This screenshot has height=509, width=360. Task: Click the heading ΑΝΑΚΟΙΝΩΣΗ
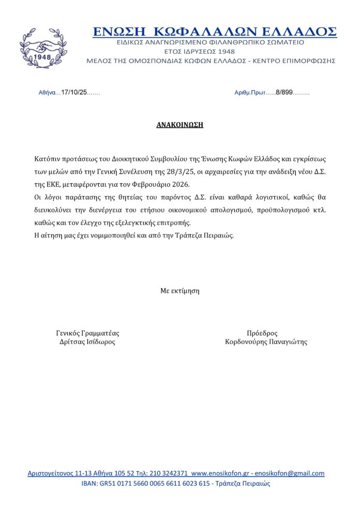(179, 125)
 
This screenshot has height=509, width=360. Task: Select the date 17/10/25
(74, 92)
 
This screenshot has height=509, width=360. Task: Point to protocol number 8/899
(284, 92)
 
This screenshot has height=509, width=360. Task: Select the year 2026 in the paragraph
(181, 184)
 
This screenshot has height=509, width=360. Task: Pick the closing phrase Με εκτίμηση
(179, 290)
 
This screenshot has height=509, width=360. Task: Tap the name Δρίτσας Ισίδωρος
(87, 342)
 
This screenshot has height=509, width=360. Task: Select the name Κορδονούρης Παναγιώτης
(266, 342)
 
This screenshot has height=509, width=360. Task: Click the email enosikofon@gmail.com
(293, 473)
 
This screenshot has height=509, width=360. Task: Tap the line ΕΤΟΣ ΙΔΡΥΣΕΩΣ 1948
(199, 51)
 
